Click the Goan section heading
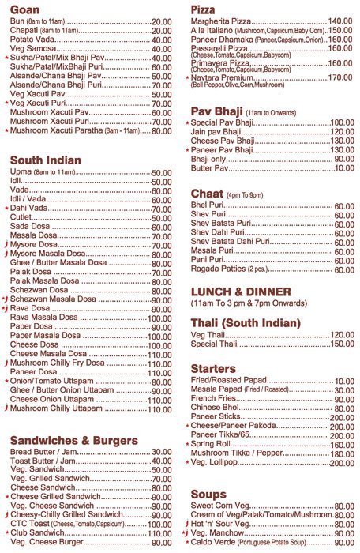pos(26,9)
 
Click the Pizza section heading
pos(205,9)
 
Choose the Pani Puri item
pos(208,260)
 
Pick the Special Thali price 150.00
pos(342,344)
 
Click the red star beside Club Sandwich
pos(6,533)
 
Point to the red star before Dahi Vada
pos(6,208)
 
